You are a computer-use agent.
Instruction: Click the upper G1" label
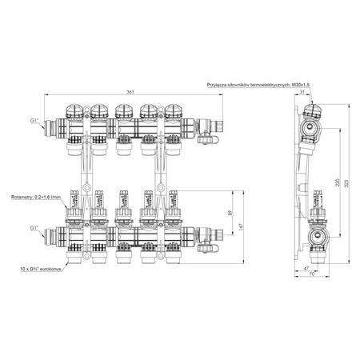pos(34,120)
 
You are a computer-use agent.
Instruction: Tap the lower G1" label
pos(34,228)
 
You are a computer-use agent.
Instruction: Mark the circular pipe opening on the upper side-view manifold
pos(311,127)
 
